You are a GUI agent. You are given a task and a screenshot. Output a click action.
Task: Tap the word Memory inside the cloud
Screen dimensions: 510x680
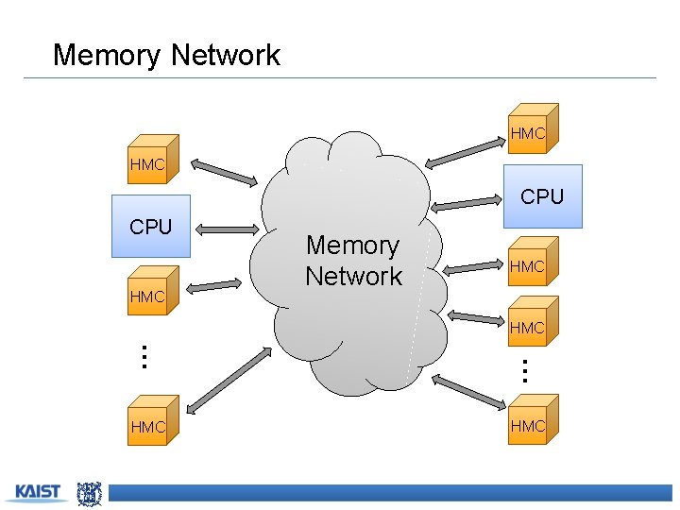pos(352,246)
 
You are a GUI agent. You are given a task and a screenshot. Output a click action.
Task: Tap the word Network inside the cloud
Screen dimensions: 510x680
pos(353,277)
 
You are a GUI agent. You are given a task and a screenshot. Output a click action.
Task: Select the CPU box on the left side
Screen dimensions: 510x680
pos(151,227)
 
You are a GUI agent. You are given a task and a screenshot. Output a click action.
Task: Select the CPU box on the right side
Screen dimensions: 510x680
pos(542,196)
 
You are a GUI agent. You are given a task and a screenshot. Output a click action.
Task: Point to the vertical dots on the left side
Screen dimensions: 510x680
pos(143,357)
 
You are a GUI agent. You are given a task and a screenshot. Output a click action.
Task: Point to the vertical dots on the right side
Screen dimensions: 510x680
pos(525,367)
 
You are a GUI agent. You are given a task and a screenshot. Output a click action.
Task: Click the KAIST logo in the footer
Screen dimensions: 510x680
pos(38,492)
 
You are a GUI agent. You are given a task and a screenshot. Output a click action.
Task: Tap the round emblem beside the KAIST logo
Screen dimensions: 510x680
pos(89,492)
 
